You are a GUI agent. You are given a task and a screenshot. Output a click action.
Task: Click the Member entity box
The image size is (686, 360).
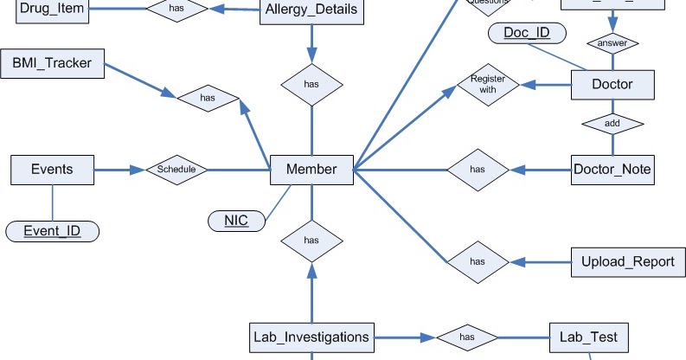311,170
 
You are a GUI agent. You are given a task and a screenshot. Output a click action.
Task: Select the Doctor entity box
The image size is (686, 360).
612,85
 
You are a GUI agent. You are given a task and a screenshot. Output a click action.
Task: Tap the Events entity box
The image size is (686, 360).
52,170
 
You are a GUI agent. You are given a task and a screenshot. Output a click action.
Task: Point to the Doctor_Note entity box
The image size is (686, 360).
612,169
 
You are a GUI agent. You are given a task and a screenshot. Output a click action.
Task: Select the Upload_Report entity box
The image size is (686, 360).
621,261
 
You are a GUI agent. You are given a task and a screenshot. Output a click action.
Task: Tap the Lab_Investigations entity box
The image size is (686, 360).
311,336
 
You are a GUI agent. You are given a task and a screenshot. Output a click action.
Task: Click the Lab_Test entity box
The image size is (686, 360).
588,336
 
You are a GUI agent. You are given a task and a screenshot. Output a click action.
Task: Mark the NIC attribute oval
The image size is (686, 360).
236,221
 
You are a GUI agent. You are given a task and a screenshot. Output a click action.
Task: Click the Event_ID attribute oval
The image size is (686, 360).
52,231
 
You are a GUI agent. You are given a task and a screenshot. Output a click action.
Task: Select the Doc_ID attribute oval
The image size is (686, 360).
527,34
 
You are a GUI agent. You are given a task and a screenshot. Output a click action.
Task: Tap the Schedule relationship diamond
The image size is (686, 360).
176,170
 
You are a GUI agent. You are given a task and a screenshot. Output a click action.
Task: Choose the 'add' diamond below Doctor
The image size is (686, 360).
612,125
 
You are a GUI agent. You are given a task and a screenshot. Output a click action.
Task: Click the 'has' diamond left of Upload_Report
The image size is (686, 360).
477,260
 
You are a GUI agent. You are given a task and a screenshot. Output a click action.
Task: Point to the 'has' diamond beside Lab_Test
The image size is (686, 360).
466,336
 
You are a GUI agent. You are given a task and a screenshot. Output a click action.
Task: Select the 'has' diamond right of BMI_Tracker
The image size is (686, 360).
208,99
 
